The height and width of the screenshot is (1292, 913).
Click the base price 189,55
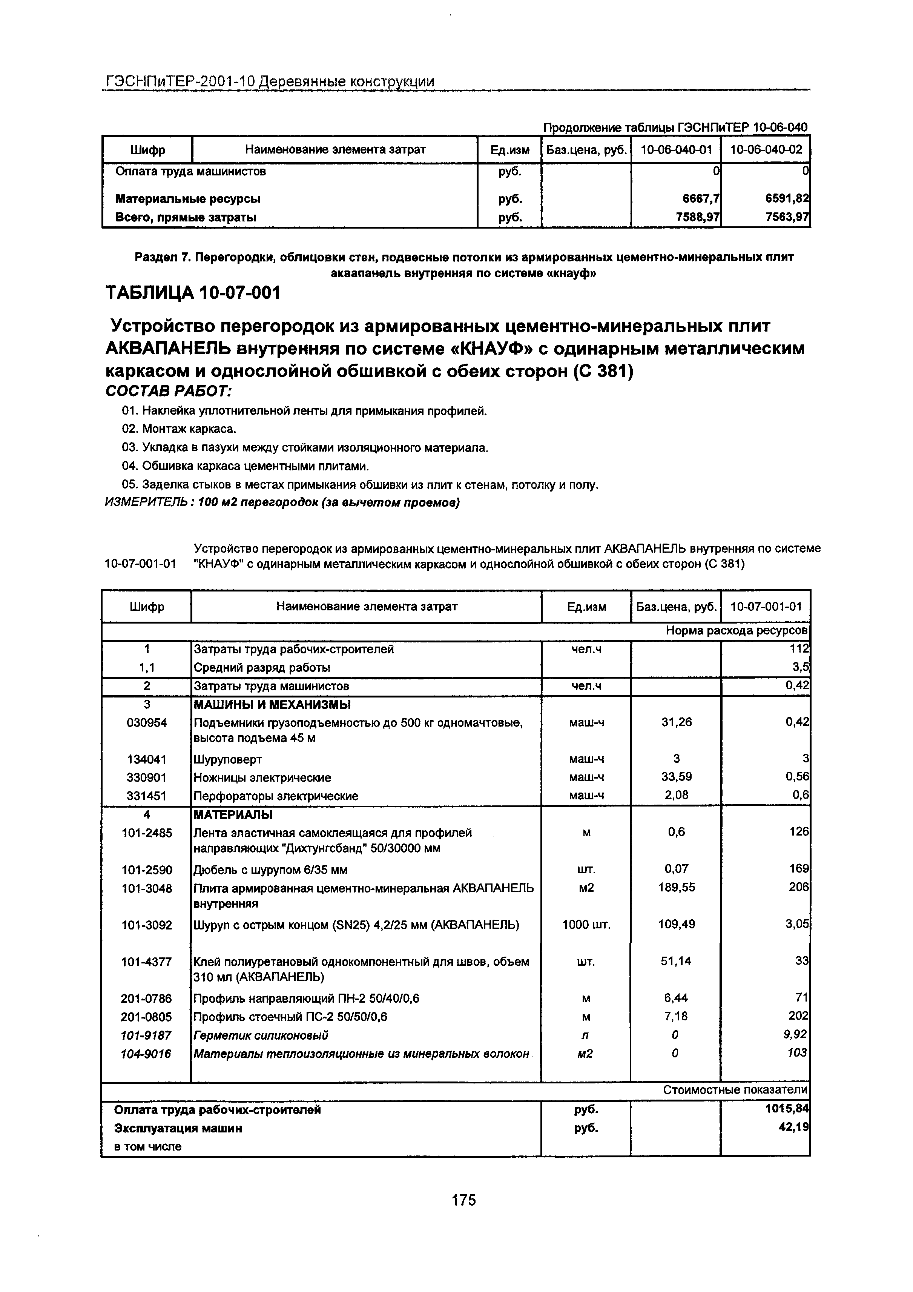tap(676, 887)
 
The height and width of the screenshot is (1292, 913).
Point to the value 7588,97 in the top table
tap(698, 217)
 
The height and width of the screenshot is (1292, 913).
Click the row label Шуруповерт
tap(228, 760)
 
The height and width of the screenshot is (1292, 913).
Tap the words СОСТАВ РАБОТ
tap(169, 390)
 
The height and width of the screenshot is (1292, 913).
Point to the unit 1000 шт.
tap(586, 925)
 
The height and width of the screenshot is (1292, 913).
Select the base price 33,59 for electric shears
tap(676, 777)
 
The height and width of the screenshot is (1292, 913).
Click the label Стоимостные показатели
tap(735, 1090)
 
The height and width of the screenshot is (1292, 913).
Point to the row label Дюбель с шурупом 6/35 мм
tap(270, 870)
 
